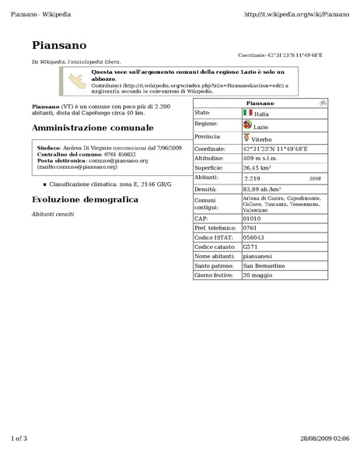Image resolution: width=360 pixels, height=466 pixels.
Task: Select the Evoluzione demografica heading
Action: tap(85, 200)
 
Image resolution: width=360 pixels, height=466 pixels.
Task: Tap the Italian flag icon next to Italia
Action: tap(247, 113)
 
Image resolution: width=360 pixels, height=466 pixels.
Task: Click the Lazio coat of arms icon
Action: tap(246, 124)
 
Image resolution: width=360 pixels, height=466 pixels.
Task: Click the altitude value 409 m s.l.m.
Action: tap(265, 157)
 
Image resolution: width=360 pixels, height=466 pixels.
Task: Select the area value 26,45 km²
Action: tap(257, 166)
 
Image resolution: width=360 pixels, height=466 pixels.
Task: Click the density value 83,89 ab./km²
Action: tap(261, 188)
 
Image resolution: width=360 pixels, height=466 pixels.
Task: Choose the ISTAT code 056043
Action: tap(253, 237)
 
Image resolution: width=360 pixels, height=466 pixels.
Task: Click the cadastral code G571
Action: tap(250, 247)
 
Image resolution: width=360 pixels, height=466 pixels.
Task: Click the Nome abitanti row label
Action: tap(213, 256)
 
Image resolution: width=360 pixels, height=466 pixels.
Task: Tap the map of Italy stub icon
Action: tap(77, 80)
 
